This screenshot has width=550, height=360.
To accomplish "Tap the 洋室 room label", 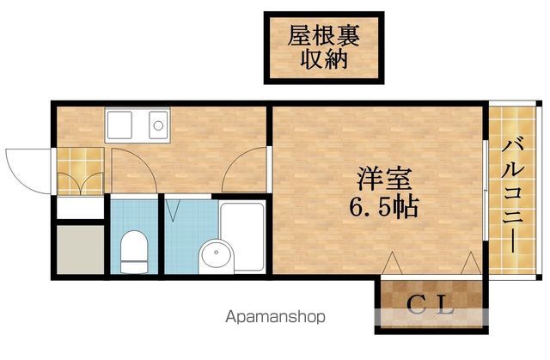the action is coord(384,179).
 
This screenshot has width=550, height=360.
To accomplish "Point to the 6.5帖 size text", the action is coord(383,207).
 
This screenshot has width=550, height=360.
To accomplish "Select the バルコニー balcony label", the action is coord(512,196).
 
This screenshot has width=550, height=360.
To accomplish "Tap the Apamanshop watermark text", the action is coord(275,317).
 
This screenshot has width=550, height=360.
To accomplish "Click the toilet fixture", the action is coord(134,252).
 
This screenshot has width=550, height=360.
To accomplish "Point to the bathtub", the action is coord(241,236).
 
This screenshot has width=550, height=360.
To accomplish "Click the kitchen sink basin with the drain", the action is coord(158,125).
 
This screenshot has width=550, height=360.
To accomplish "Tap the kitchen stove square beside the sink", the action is coord(119,125).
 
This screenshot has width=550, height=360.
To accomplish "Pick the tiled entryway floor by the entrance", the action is coord(81,171).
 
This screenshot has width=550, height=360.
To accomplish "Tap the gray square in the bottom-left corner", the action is coord(81,249).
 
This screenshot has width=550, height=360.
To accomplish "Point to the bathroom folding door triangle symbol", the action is coord(173,211).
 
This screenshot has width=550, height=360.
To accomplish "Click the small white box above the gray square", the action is coord(81,208).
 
